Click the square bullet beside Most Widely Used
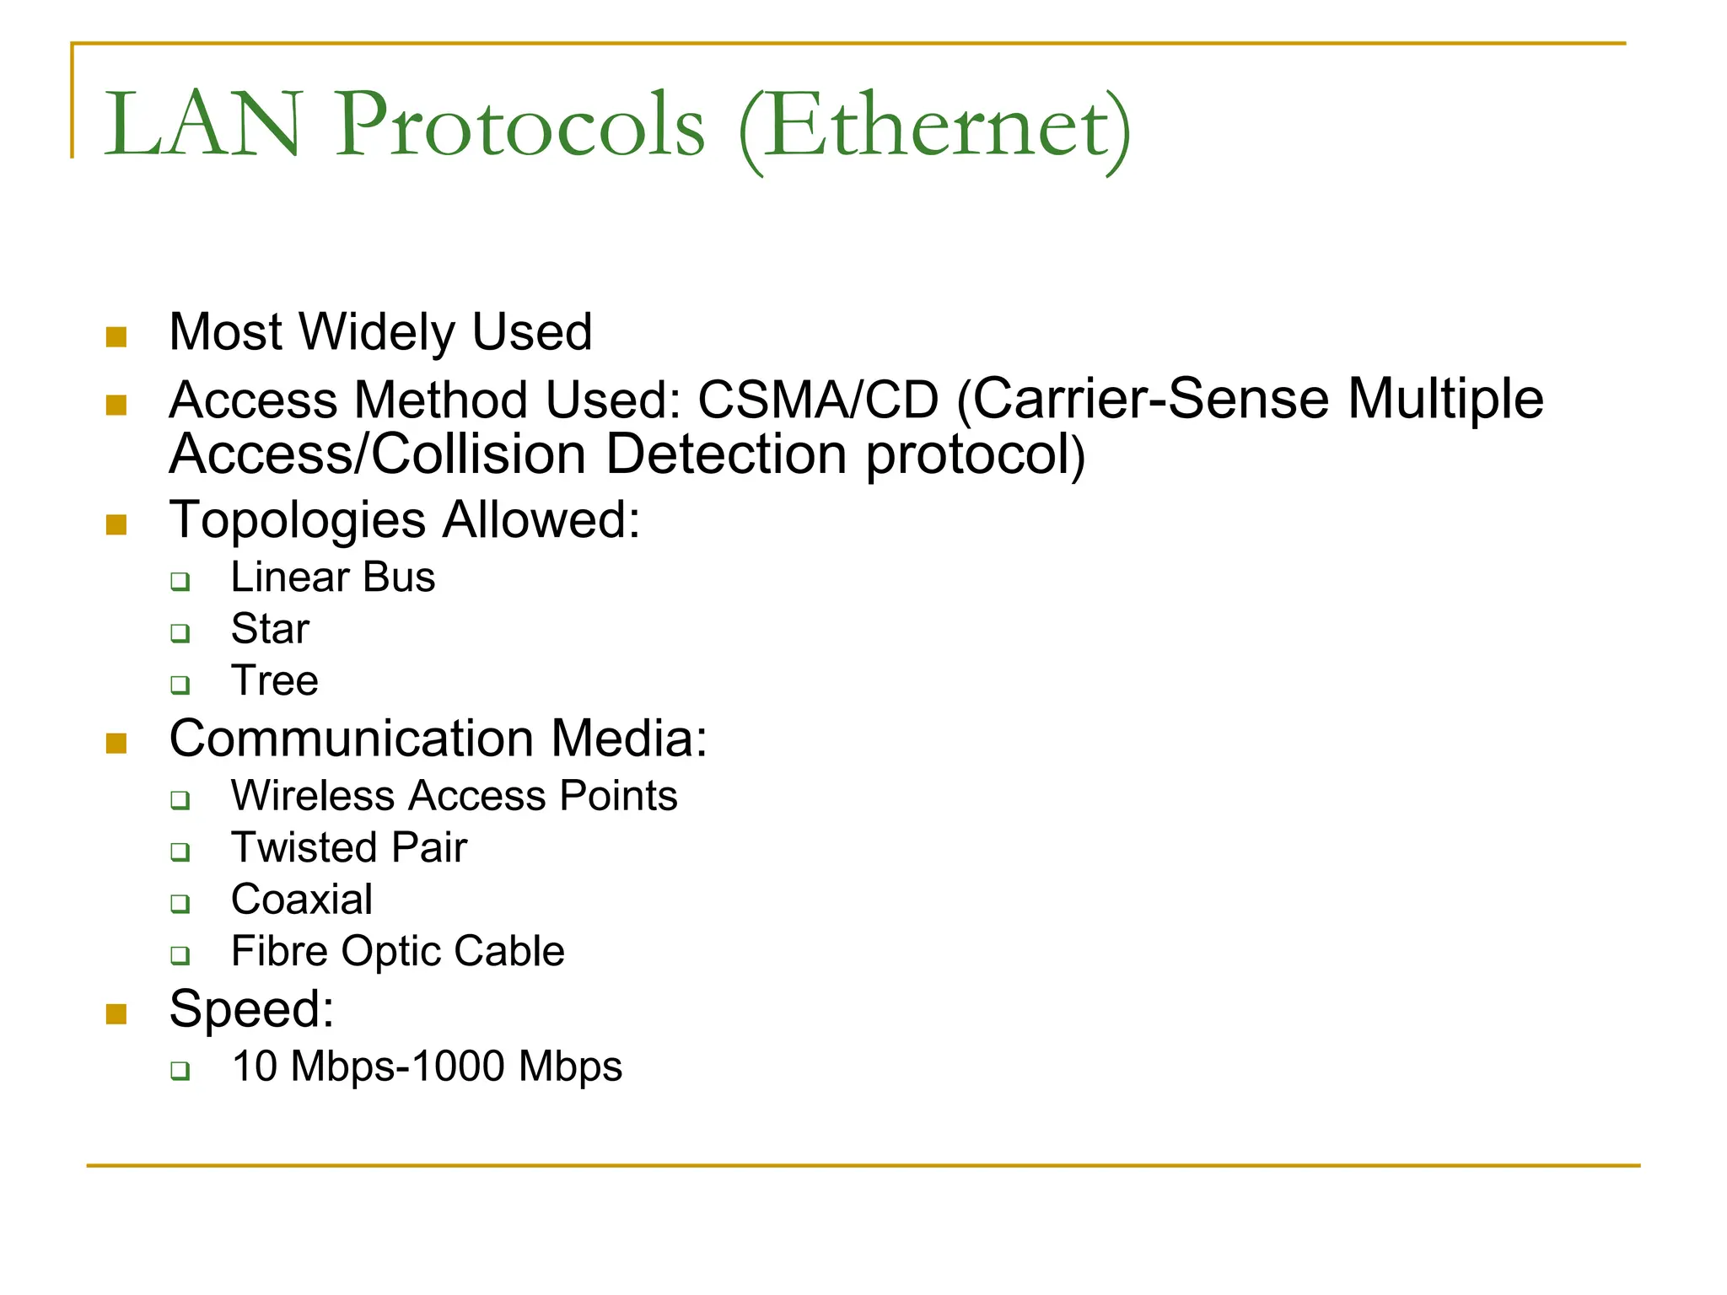pyautogui.click(x=116, y=337)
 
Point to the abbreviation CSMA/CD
pyautogui.click(x=818, y=400)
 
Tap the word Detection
pyautogui.click(x=725, y=455)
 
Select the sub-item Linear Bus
pyautogui.click(x=333, y=578)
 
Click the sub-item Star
pyautogui.click(x=270, y=630)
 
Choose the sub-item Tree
pyautogui.click(x=275, y=681)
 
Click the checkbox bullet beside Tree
pyautogui.click(x=180, y=685)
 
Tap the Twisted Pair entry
pyautogui.click(x=349, y=848)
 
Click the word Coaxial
pyautogui.click(x=302, y=900)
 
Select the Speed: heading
pyautogui.click(x=251, y=1009)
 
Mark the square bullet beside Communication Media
pyautogui.click(x=116, y=743)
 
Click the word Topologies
pyautogui.click(x=297, y=520)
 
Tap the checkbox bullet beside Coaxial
pyautogui.click(x=180, y=904)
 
